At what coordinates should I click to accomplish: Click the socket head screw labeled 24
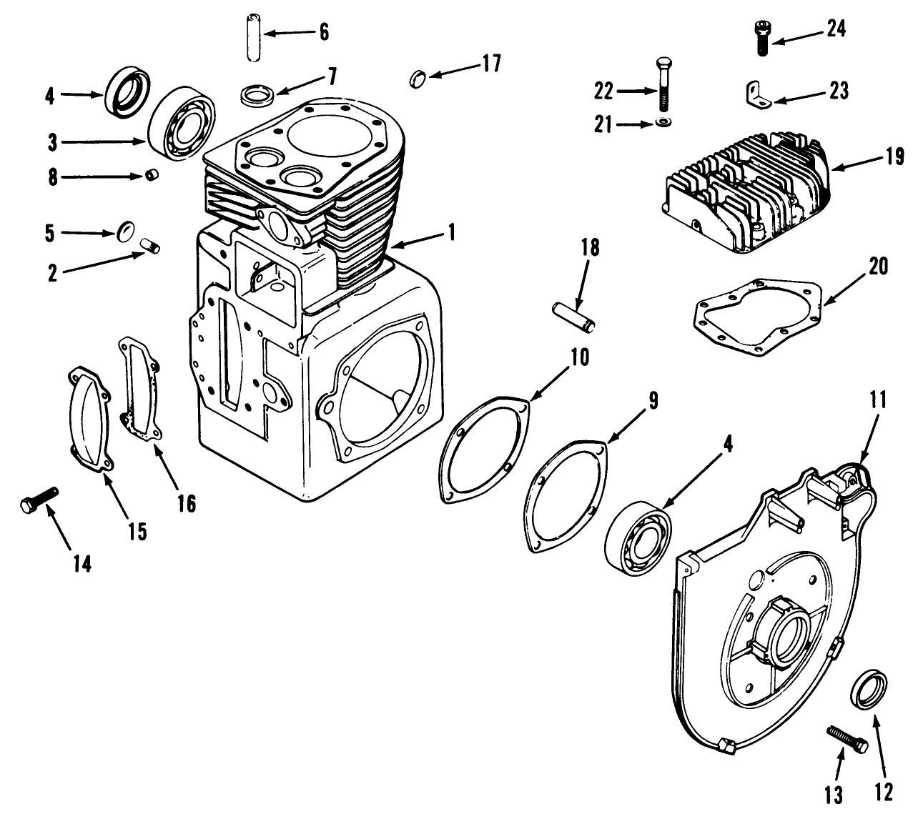[761, 35]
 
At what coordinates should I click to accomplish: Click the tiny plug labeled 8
[151, 177]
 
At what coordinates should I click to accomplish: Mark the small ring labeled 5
[126, 231]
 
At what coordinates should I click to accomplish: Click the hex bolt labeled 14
[38, 500]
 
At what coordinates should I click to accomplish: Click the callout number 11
[878, 400]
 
